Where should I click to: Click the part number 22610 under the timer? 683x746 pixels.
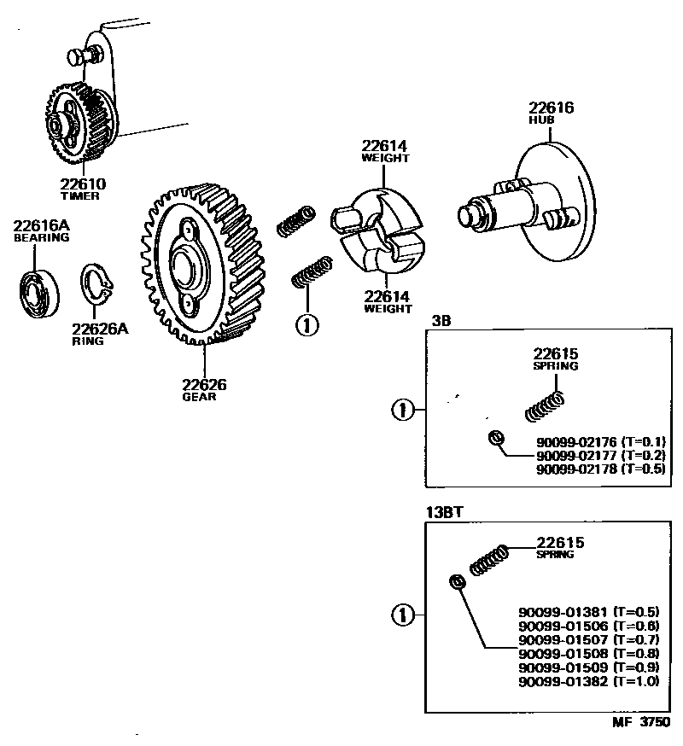83,184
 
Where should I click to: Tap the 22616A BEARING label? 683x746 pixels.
40,231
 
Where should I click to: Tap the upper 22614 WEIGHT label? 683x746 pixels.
385,151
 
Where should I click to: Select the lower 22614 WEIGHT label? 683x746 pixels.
388,302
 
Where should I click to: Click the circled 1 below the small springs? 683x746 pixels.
306,323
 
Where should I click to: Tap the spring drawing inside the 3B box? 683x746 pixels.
544,405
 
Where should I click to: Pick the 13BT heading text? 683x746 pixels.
444,513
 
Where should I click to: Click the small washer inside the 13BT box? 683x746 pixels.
457,582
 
